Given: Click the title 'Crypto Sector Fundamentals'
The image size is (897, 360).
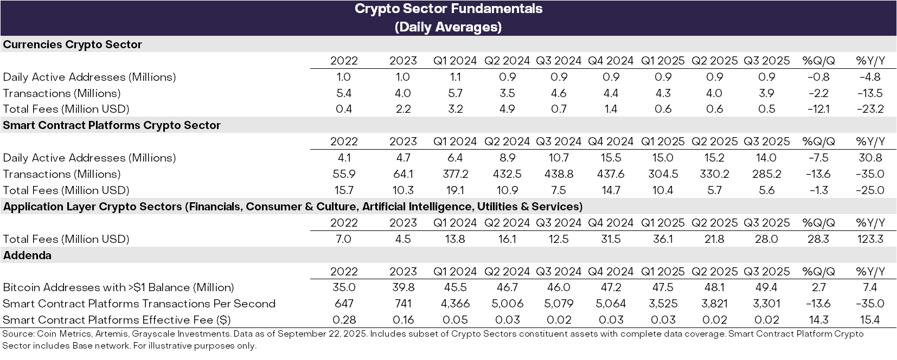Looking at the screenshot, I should click(448, 9).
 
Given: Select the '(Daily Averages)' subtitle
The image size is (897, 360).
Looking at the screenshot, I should click(448, 27).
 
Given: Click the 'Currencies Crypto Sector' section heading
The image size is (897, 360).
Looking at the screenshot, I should click(72, 44).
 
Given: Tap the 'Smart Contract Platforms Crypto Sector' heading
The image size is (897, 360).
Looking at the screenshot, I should click(112, 125).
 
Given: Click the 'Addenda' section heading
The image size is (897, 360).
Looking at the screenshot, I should click(27, 255).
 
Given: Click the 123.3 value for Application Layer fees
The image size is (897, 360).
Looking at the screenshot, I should click(870, 239).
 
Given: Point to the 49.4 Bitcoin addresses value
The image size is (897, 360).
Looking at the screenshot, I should click(766, 287).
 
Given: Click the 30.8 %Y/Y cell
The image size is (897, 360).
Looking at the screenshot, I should click(870, 158).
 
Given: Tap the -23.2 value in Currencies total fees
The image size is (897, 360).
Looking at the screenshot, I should click(870, 109).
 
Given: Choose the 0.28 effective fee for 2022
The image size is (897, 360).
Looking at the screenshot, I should click(344, 320).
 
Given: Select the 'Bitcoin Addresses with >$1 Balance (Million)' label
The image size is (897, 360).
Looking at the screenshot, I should click(118, 287).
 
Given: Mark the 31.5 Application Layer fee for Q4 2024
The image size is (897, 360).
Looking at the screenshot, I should click(611, 239).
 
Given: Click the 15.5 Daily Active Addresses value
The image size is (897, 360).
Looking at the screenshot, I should click(611, 158).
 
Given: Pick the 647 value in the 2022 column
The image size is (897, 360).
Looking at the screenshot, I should click(344, 304).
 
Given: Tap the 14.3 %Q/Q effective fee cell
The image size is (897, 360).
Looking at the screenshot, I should click(818, 320).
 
